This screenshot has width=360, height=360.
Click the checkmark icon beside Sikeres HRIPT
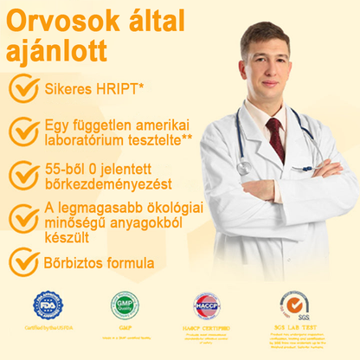point(23,87)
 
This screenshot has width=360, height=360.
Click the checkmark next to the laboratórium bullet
point(23,131)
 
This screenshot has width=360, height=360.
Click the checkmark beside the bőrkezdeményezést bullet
point(23,174)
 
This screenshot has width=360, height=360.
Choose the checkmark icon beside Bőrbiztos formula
point(23,261)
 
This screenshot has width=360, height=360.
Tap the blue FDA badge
point(48,305)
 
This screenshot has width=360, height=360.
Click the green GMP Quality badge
point(125,305)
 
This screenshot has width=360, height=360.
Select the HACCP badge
point(206,305)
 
